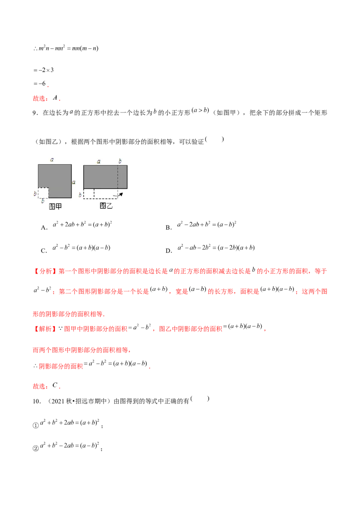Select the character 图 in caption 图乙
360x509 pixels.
click(x=103, y=206)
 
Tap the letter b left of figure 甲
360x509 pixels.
click(x=35, y=193)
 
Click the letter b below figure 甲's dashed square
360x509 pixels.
click(x=43, y=201)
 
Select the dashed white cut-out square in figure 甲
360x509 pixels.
click(x=43, y=192)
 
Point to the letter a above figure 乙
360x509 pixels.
click(x=99, y=161)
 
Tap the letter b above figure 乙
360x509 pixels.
click(x=120, y=161)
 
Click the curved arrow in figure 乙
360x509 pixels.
click(x=118, y=195)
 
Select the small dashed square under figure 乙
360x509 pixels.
click(x=89, y=193)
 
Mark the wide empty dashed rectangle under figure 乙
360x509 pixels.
click(x=106, y=193)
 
